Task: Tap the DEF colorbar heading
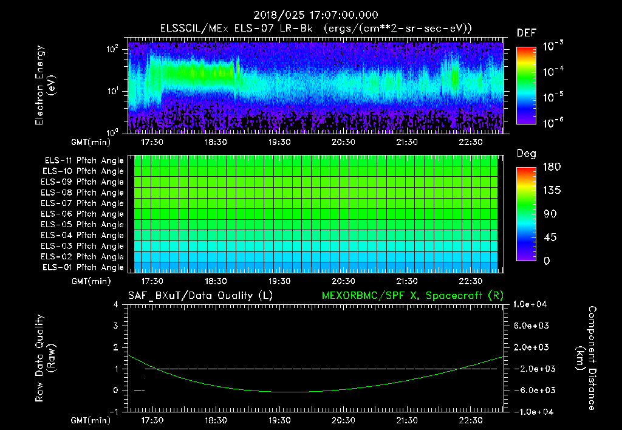tap(526, 33)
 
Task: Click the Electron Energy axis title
tap(45, 85)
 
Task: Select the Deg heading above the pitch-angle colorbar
tap(526, 154)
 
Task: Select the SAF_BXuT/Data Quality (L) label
tap(200, 296)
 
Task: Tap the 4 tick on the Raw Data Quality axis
tap(115, 305)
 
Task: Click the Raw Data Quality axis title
tap(45, 358)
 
